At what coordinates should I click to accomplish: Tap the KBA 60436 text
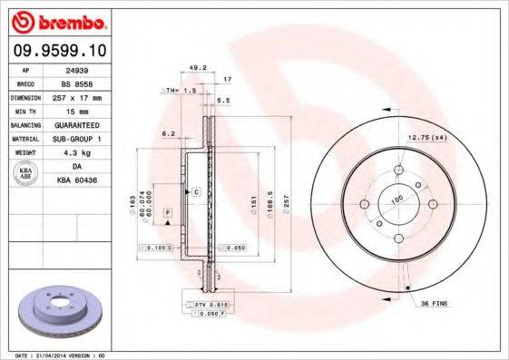(x=84, y=181)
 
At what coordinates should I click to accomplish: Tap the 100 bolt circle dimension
(x=396, y=199)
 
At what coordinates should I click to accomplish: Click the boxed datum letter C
(x=194, y=193)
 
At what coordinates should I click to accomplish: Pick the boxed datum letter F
(x=168, y=212)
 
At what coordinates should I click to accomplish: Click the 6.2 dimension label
(x=168, y=133)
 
